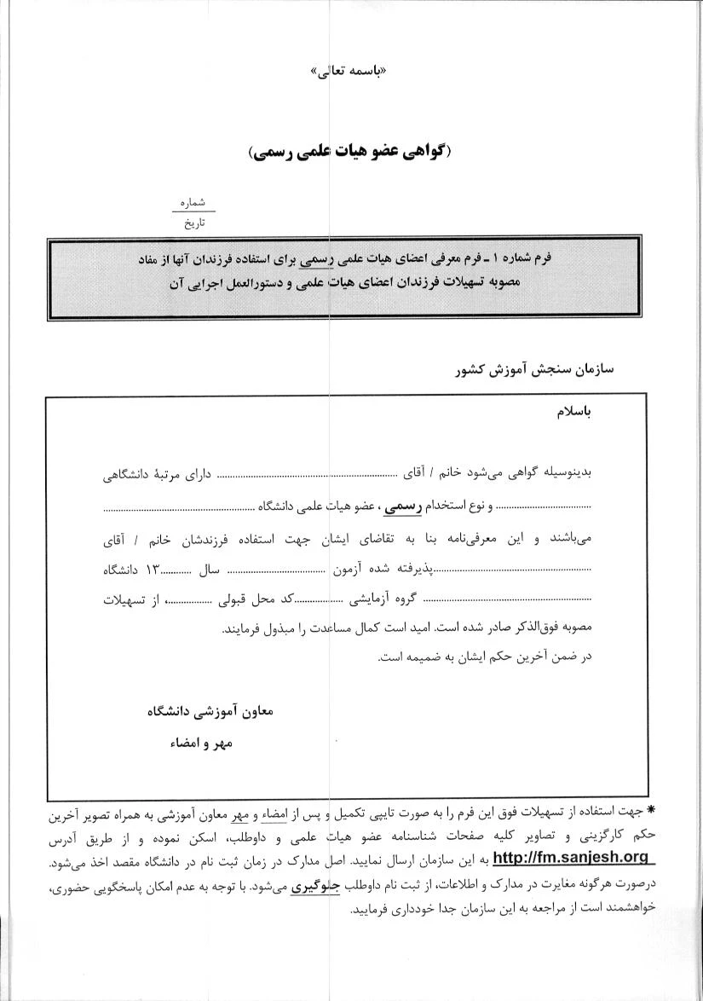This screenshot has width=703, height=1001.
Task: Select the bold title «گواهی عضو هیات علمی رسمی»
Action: tap(350, 152)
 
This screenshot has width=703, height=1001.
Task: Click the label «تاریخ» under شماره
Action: tap(195, 223)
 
